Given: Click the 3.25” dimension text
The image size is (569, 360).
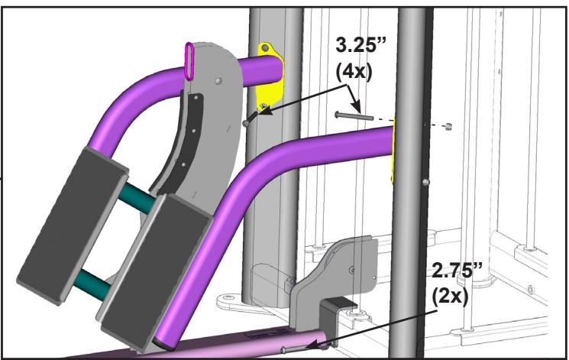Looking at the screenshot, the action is pyautogui.click(x=360, y=45).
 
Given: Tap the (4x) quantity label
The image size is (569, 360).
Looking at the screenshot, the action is pyautogui.click(x=354, y=72).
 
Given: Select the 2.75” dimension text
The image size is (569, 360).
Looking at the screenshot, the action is pyautogui.click(x=457, y=271).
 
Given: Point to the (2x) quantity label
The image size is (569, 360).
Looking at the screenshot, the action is pyautogui.click(x=450, y=297).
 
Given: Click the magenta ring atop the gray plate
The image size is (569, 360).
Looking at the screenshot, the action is pyautogui.click(x=189, y=61).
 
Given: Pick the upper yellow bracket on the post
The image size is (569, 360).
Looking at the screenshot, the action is pyautogui.click(x=270, y=76).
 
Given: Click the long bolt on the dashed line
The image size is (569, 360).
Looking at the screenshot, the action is pyautogui.click(x=354, y=116).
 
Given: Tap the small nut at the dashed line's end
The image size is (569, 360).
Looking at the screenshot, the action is pyautogui.click(x=449, y=126).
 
